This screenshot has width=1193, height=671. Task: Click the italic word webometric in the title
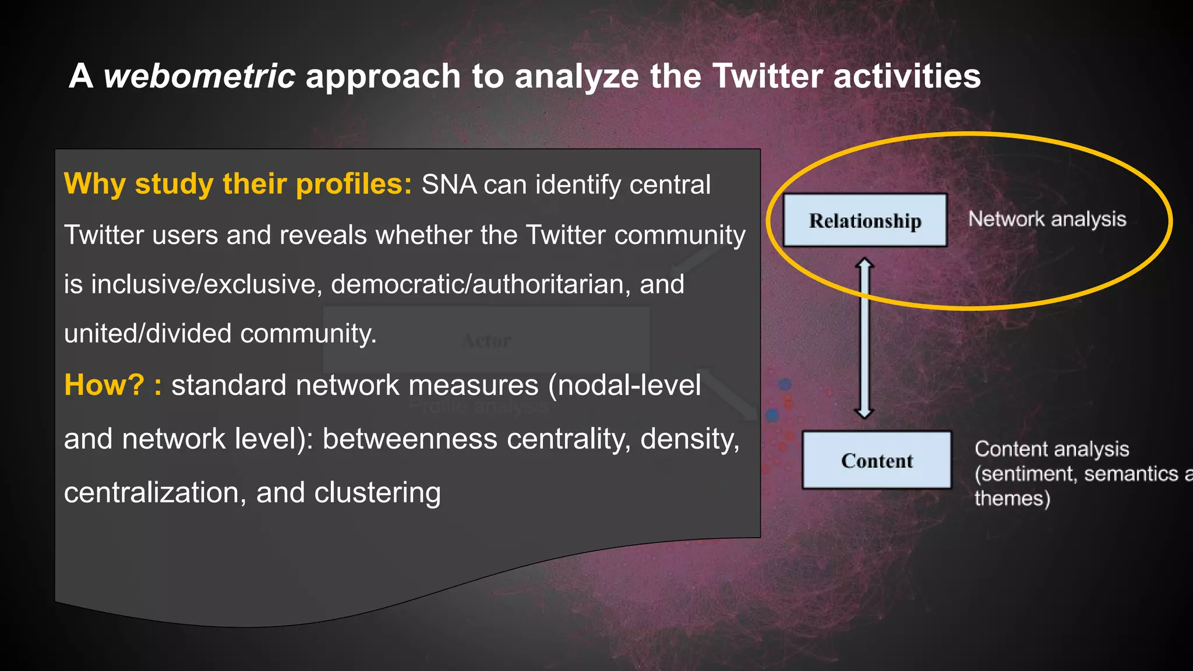coord(199,76)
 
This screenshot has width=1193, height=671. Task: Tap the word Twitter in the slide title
coord(767,76)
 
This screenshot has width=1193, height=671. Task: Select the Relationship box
coord(864,220)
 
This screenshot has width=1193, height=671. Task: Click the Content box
coord(877,460)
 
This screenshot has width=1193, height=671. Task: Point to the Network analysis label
coord(1047,219)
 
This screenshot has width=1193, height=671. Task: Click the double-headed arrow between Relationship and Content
coord(864,338)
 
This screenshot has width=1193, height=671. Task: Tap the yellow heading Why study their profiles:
coord(238,184)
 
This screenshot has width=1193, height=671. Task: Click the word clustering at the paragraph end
coord(377,493)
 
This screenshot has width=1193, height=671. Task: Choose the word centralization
coord(151,493)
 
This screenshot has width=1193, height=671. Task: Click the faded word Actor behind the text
coord(486,341)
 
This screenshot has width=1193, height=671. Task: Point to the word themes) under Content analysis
coord(1012,499)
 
